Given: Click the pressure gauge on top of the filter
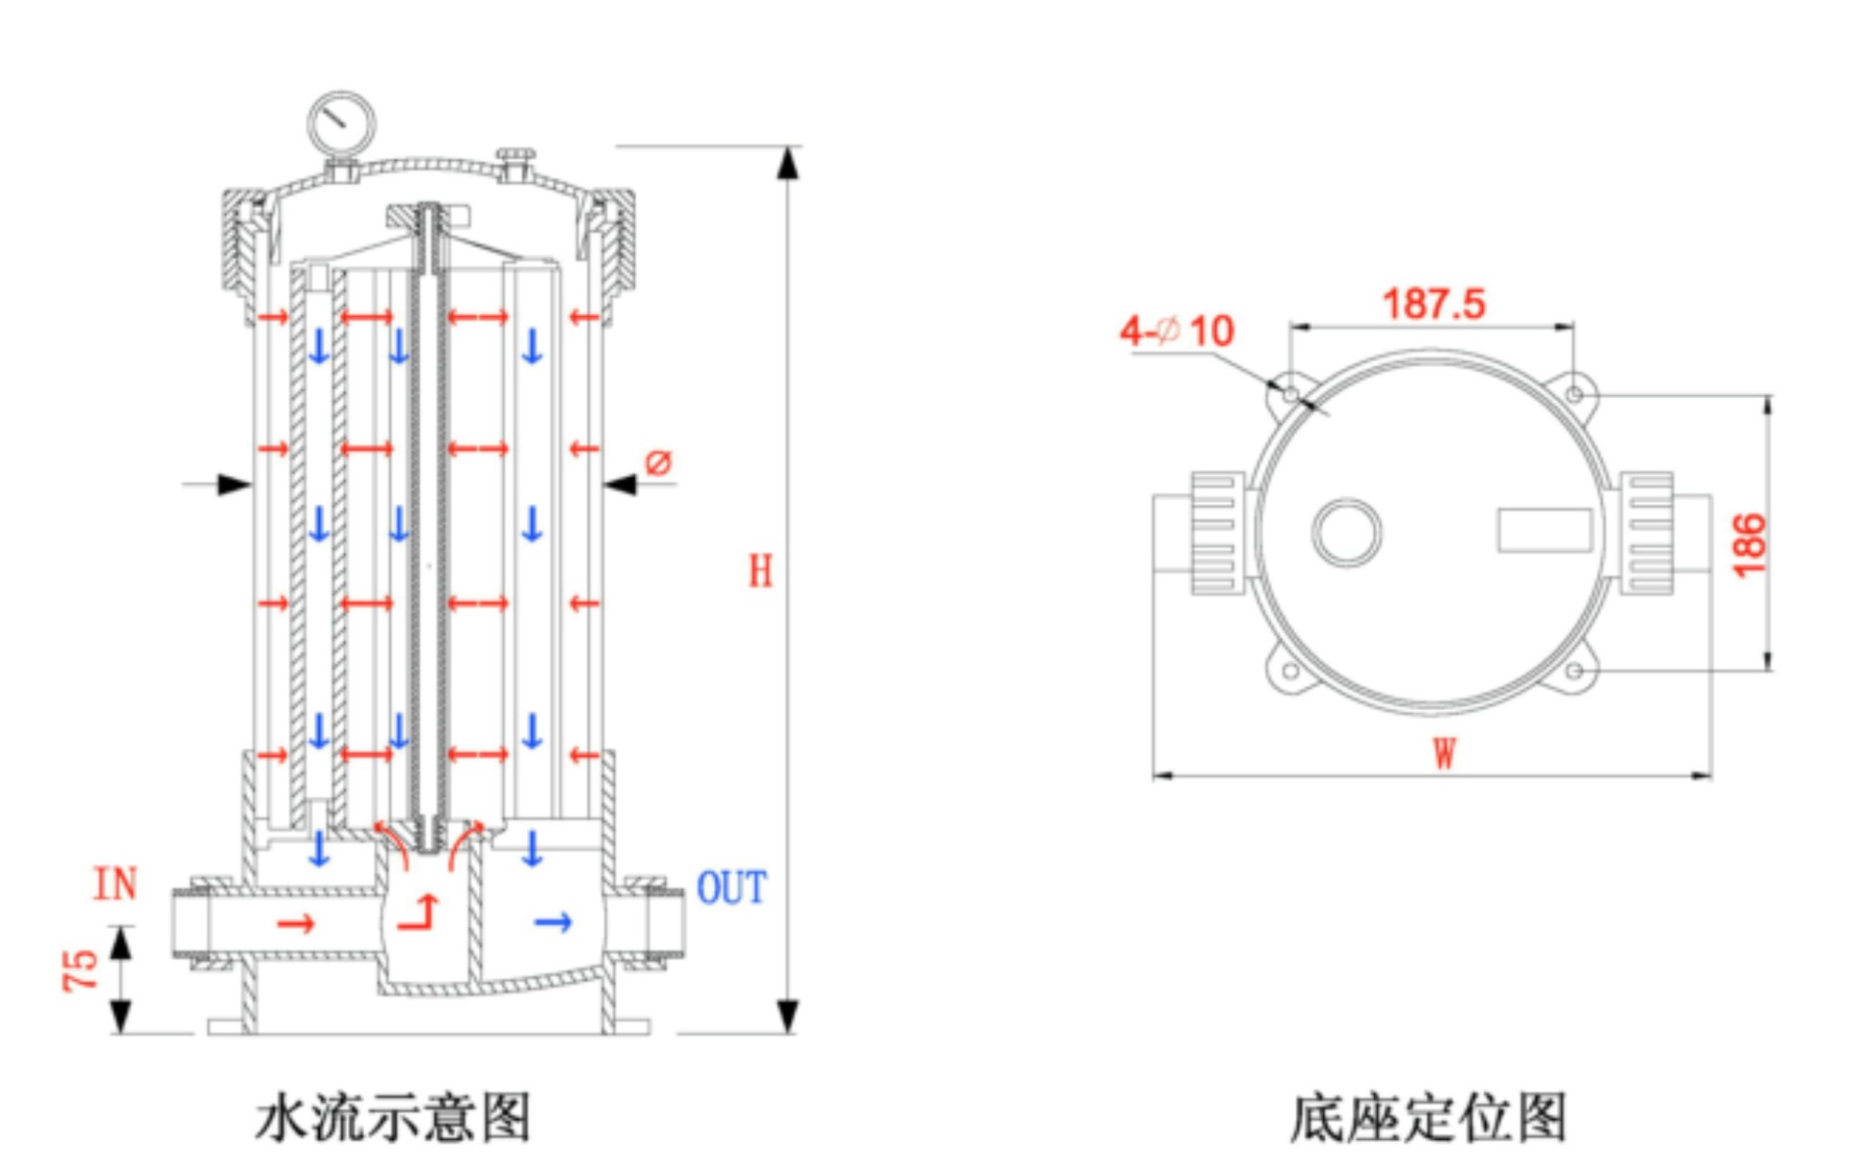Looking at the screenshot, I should coord(341,123).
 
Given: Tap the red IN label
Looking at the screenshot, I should coord(115,884).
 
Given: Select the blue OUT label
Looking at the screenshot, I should coord(731,888).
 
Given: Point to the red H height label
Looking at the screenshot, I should coord(761,570).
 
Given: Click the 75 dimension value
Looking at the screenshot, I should coord(81,969).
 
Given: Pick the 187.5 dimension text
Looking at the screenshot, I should coord(1434,304).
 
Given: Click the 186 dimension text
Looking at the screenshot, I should coord(1749,545).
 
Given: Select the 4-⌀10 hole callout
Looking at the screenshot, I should coord(1176,331).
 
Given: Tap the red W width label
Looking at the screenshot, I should coord(1443,753).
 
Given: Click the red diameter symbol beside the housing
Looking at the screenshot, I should coord(658,463).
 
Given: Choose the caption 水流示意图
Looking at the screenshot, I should coord(393,1118).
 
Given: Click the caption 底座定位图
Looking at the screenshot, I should coord(1429,1118).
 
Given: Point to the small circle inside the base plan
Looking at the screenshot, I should coord(1346,531).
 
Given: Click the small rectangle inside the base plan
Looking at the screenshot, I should coord(1544,530).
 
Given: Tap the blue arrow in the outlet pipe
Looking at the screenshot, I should coord(553,922).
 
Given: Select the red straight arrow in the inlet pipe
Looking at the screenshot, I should coord(296,924).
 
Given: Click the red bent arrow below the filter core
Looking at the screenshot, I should coord(420,912).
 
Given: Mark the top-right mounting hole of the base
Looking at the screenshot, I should coord(1573,394).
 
